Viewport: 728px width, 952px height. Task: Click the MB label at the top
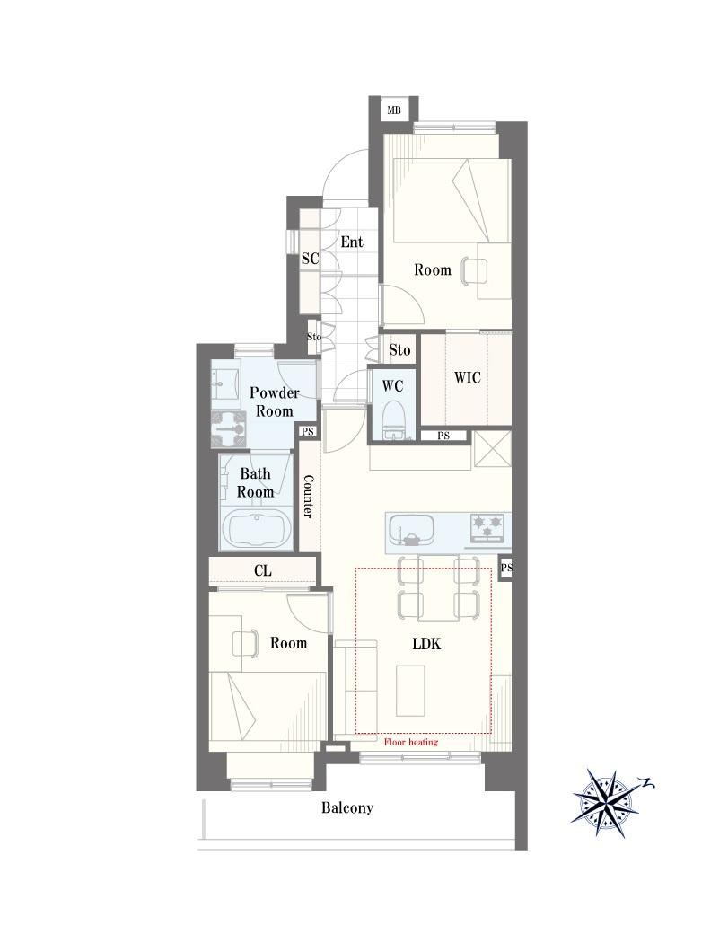(394, 110)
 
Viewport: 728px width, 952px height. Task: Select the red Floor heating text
(411, 742)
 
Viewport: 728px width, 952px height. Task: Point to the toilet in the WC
(393, 419)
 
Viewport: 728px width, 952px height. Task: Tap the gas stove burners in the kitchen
(488, 527)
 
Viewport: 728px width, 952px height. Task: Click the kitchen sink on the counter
(412, 529)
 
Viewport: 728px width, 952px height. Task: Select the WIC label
(467, 377)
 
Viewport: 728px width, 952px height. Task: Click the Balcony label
(347, 808)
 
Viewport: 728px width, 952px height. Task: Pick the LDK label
(426, 644)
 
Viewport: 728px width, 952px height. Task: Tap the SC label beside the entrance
(310, 259)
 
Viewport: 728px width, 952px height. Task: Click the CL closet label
(263, 570)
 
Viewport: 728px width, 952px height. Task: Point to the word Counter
(308, 496)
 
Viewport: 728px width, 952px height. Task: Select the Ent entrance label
(352, 242)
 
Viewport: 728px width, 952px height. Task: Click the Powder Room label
(275, 401)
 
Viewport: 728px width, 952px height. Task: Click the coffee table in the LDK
(411, 691)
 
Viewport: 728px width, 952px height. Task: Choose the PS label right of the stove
(506, 568)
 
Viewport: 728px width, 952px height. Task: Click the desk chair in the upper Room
(473, 269)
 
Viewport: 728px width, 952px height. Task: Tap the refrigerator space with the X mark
(492, 449)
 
